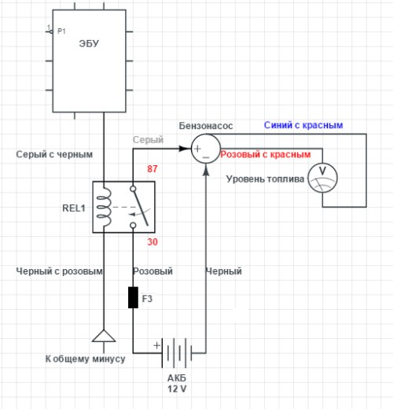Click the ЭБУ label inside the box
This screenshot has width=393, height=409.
coord(89,43)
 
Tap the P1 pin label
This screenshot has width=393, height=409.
coord(61,31)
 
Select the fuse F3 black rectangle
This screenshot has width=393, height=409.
coord(133,297)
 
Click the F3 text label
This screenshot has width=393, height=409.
coord(147,299)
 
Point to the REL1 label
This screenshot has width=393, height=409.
coord(74,208)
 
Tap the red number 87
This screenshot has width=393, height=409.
coord(152,168)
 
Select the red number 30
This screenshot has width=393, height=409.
coord(152,241)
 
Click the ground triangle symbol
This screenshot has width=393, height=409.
coord(104,336)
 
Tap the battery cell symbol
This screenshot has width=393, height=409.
coord(177,353)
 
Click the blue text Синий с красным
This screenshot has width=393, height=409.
coord(303,125)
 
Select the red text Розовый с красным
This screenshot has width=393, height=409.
coord(266,154)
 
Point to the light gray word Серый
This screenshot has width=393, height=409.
coord(148,140)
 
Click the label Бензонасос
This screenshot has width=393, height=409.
coord(206,126)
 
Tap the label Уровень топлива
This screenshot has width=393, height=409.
coord(265,179)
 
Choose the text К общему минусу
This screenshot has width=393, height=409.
coord(85,359)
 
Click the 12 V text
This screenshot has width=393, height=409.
coord(177,389)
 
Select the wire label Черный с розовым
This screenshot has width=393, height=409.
coord(59,271)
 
